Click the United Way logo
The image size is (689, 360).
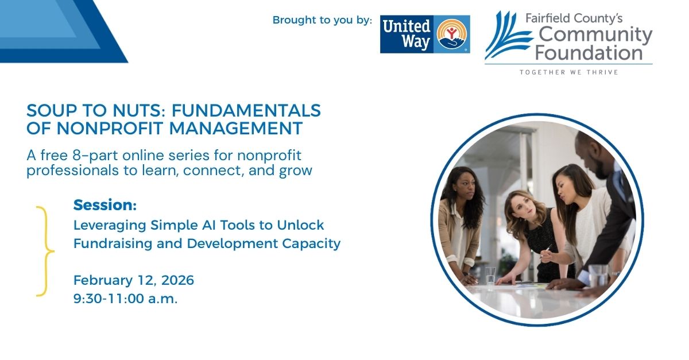425,34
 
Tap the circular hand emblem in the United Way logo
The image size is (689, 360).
451,34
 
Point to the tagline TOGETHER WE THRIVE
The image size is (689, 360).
569,72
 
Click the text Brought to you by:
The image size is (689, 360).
322,20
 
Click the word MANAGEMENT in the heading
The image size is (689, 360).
235,128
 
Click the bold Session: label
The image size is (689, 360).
105,205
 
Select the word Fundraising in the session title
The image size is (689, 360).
113,243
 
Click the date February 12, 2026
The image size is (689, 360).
134,280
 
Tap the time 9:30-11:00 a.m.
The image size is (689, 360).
126,299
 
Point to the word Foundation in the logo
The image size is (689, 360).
589,53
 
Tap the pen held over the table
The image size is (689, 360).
545,251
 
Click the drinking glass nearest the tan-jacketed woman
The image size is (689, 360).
490,276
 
